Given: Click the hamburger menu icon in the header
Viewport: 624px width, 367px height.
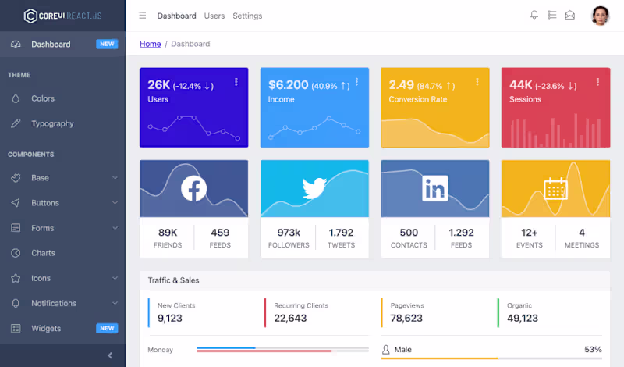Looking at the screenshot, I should [142, 16].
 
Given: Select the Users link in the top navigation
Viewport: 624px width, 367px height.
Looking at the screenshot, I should [214, 16].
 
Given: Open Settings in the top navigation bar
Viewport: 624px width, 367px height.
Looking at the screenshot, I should [247, 16].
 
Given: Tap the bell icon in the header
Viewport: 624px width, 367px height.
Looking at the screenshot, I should [534, 15].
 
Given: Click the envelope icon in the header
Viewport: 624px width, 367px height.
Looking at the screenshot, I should [570, 15].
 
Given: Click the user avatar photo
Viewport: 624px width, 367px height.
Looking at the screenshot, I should [600, 16].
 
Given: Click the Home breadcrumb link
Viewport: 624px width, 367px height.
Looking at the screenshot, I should [150, 44].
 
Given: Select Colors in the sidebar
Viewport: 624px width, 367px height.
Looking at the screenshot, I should [43, 98].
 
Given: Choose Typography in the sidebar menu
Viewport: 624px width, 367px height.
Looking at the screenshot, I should [52, 123].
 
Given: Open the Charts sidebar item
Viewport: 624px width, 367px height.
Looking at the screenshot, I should [43, 253].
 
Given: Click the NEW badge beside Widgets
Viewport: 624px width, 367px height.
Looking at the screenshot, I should [107, 328].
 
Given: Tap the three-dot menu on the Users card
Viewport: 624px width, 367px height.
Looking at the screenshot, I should [236, 82].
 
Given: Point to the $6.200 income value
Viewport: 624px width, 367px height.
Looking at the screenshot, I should [289, 84].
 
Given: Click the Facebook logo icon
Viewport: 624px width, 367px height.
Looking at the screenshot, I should [193, 188].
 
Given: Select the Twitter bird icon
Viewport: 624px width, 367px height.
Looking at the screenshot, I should [314, 188].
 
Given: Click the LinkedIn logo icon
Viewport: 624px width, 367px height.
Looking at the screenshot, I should [434, 188].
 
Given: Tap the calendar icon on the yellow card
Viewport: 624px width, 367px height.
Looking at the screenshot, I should [555, 188].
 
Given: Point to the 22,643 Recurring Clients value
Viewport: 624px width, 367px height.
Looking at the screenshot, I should [290, 318].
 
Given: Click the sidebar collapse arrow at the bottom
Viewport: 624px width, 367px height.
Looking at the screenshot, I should [110, 355].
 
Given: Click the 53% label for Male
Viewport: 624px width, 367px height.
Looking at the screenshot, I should [593, 350].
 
